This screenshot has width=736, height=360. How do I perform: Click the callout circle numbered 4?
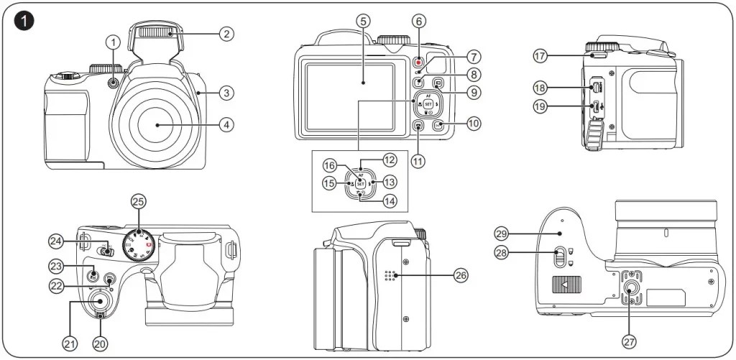[x=226, y=125]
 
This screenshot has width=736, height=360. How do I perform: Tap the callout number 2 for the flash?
[x=226, y=33]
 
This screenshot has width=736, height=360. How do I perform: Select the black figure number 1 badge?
[x=26, y=21]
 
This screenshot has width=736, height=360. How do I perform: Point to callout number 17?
[x=540, y=55]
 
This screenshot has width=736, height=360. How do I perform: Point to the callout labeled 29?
[x=502, y=233]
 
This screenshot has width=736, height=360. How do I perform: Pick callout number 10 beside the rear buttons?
[x=473, y=124]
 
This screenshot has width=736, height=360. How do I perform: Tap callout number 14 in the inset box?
[x=390, y=202]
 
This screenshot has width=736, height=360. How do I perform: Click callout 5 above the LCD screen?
[x=364, y=21]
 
